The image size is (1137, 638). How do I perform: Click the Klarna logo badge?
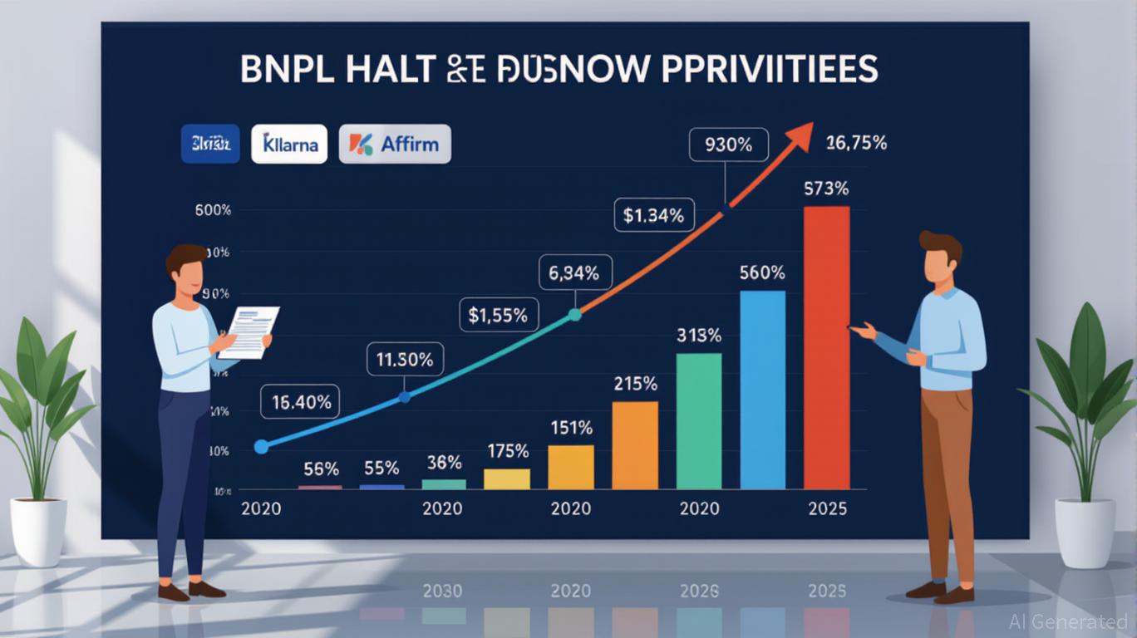coord(289,144)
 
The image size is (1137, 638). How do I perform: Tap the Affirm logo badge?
coord(395,144)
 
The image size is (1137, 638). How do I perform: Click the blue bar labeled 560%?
coord(762,390)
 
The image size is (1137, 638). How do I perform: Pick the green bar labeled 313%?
coord(699,421)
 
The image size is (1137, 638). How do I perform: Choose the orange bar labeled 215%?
coord(635,445)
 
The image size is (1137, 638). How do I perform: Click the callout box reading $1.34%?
coord(653,216)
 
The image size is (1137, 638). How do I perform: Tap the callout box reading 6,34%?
coord(575,272)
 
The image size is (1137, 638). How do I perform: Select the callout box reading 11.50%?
coord(405,361)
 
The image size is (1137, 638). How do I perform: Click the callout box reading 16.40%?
coord(301,403)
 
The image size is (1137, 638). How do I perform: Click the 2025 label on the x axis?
coord(827,508)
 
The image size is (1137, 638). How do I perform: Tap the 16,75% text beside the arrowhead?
coord(857,143)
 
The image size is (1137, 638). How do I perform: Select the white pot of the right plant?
coord(1084,532)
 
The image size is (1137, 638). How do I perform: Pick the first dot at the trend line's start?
coord(261,447)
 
